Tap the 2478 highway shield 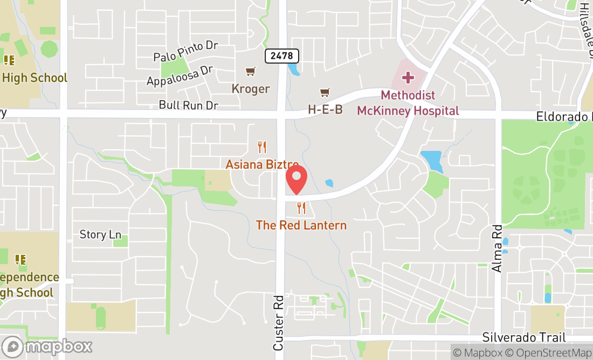[281, 56]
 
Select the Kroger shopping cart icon [251, 72]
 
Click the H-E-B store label [325, 109]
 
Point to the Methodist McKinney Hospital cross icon [408, 78]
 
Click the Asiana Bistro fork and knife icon [262, 147]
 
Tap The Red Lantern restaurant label [301, 225]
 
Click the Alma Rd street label [497, 248]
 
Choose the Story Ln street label [100, 234]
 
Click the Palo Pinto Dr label [185, 51]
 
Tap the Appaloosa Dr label [180, 76]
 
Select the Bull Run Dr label [188, 105]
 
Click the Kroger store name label [251, 88]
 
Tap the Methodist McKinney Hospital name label [408, 103]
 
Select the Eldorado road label [563, 116]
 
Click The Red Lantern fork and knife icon [301, 207]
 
